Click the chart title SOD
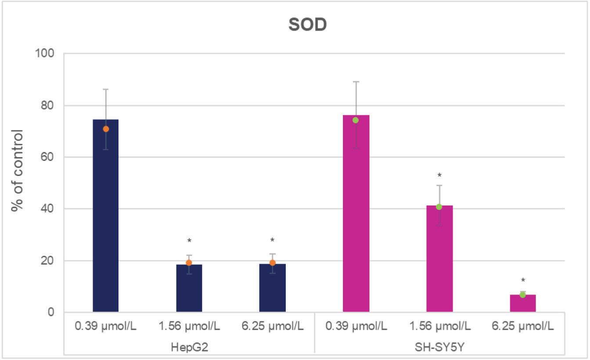[x=307, y=25]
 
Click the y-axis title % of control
[x=18, y=170]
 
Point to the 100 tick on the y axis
[x=45, y=54]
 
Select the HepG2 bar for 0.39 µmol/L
[x=106, y=220]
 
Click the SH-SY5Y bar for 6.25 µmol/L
[x=522, y=304]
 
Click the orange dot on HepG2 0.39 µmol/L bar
[x=106, y=129]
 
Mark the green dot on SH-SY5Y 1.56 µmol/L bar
[x=439, y=207]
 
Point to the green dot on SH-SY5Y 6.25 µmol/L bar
[x=522, y=295]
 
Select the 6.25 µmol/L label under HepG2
[x=273, y=327]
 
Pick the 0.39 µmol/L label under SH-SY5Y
[x=356, y=327]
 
